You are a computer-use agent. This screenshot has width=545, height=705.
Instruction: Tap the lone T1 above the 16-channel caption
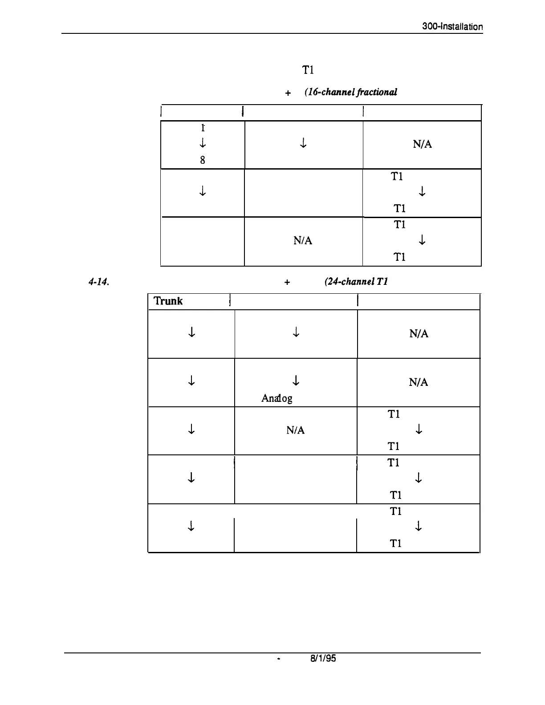click(309, 70)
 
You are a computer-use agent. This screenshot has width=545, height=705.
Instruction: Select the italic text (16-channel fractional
click(350, 93)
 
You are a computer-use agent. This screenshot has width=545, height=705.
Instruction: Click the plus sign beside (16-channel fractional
click(288, 93)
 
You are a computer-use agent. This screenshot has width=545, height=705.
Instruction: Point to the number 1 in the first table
click(203, 128)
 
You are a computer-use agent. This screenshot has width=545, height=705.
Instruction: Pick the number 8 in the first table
click(203, 160)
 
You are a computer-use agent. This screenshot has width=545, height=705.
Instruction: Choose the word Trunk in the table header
click(168, 301)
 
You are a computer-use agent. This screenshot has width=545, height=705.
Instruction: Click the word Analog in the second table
click(277, 398)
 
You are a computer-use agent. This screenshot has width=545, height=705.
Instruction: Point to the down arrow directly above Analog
click(296, 381)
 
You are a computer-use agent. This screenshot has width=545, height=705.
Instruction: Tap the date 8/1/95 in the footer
click(323, 658)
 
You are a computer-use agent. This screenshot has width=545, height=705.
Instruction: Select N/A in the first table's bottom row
click(303, 241)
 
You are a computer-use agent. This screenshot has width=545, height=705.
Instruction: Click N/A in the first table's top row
click(422, 145)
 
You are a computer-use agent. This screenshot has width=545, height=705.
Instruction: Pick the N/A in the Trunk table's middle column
click(296, 430)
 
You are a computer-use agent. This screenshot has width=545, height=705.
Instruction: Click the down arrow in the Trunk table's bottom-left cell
click(191, 527)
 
